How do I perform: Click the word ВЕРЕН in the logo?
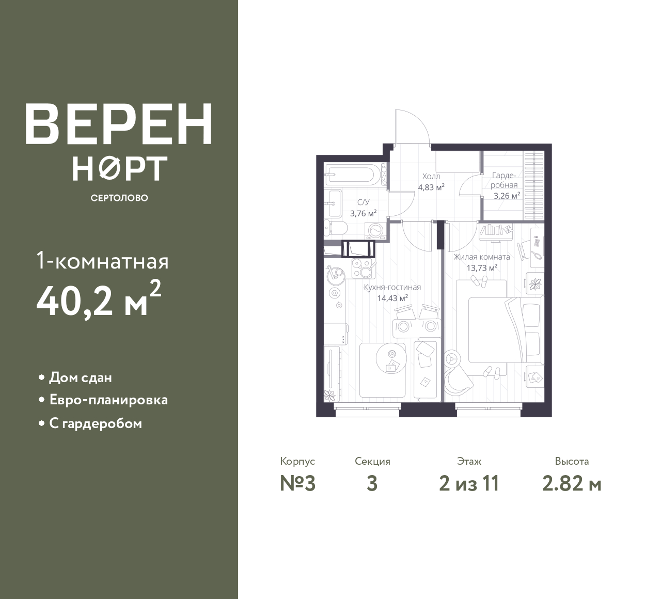(119, 124)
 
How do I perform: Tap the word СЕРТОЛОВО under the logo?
(119, 198)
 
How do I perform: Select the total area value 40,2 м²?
(99, 300)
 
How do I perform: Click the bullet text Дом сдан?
(81, 378)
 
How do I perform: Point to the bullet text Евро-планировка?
(108, 400)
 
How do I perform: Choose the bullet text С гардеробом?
(96, 424)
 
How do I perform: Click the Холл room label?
(431, 177)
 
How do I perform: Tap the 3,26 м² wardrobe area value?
(507, 196)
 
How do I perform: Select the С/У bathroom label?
(364, 202)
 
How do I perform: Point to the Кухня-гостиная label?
(392, 287)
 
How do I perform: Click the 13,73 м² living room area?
(482, 268)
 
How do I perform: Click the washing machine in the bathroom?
(375, 230)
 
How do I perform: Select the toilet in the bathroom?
(336, 228)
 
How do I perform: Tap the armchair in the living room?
(458, 374)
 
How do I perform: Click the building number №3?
(298, 484)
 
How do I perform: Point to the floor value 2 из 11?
(469, 484)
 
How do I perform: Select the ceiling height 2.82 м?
(572, 484)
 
